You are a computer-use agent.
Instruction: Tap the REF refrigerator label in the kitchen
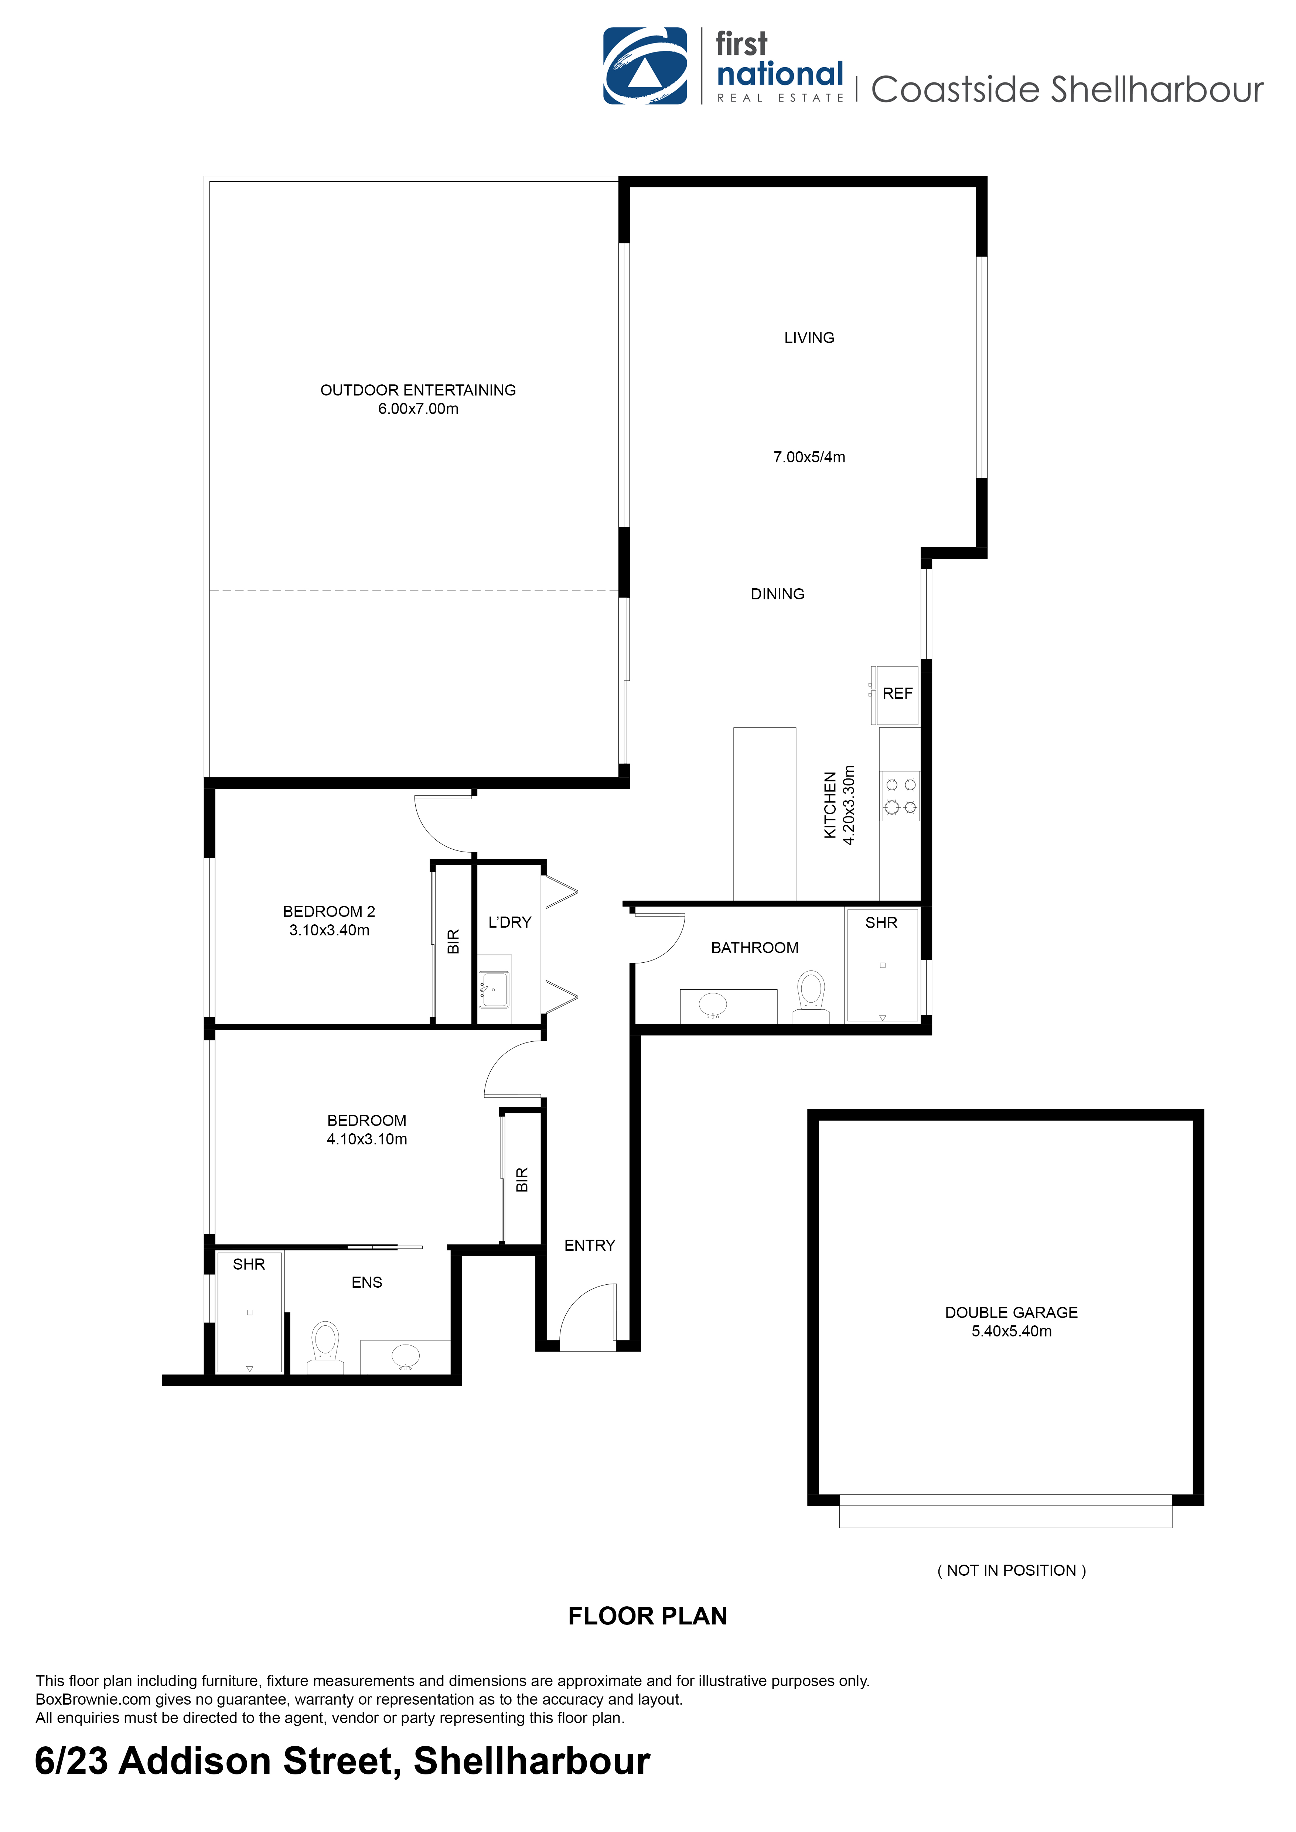897,694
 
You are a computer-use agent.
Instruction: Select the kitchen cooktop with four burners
900,795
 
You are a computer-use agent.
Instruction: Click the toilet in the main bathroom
811,996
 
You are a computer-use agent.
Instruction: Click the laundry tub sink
494,989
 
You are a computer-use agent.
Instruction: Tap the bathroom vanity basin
713,1004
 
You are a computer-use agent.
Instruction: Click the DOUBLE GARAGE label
1011,1312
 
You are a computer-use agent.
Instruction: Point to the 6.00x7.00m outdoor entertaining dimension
418,408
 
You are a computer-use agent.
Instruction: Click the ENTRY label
590,1246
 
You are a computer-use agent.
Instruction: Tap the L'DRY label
509,922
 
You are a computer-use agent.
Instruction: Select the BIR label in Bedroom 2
453,942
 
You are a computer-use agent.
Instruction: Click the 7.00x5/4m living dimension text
809,457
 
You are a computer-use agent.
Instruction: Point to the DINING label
777,594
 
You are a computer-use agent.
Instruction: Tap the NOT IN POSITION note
1011,1570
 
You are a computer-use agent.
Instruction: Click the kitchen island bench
764,814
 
